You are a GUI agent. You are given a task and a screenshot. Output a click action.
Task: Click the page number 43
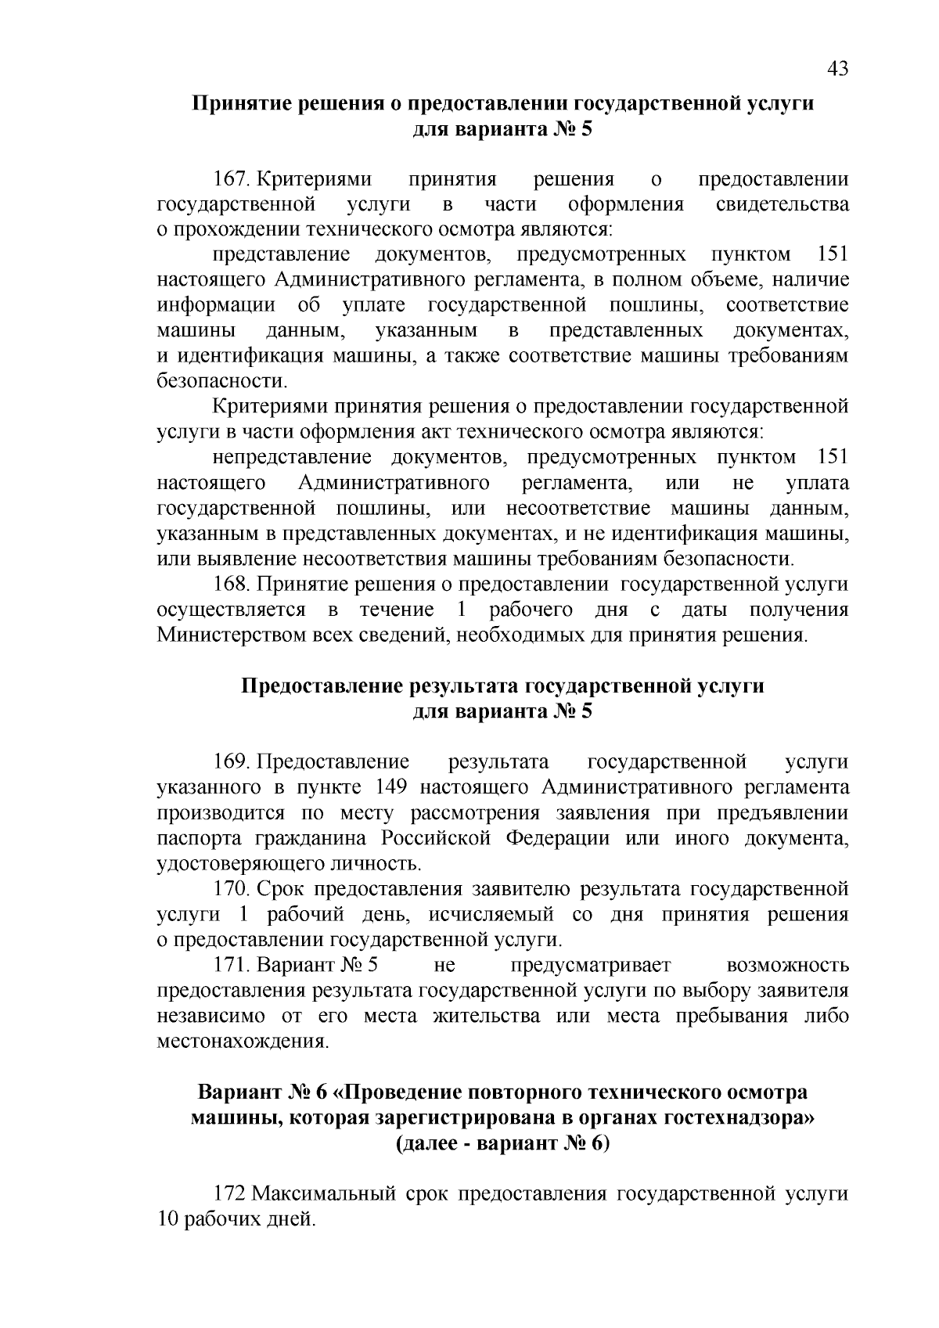pos(836,70)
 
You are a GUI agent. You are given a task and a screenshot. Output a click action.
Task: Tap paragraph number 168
pos(231,585)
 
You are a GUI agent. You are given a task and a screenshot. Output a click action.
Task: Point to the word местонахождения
pos(240,1042)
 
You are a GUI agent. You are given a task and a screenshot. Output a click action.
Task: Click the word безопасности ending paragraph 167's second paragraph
pos(221,382)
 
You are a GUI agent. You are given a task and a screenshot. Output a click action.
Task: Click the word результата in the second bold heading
pos(463,686)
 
